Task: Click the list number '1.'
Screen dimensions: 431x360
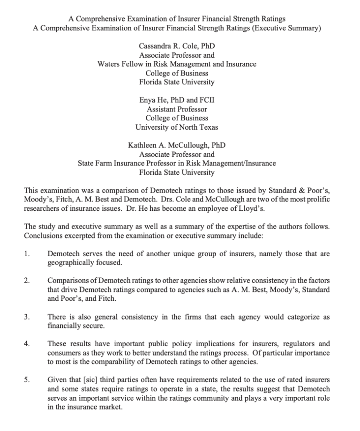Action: (x=27, y=254)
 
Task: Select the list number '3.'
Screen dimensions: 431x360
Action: (x=27, y=317)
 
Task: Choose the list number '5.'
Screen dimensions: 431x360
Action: (x=27, y=380)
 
